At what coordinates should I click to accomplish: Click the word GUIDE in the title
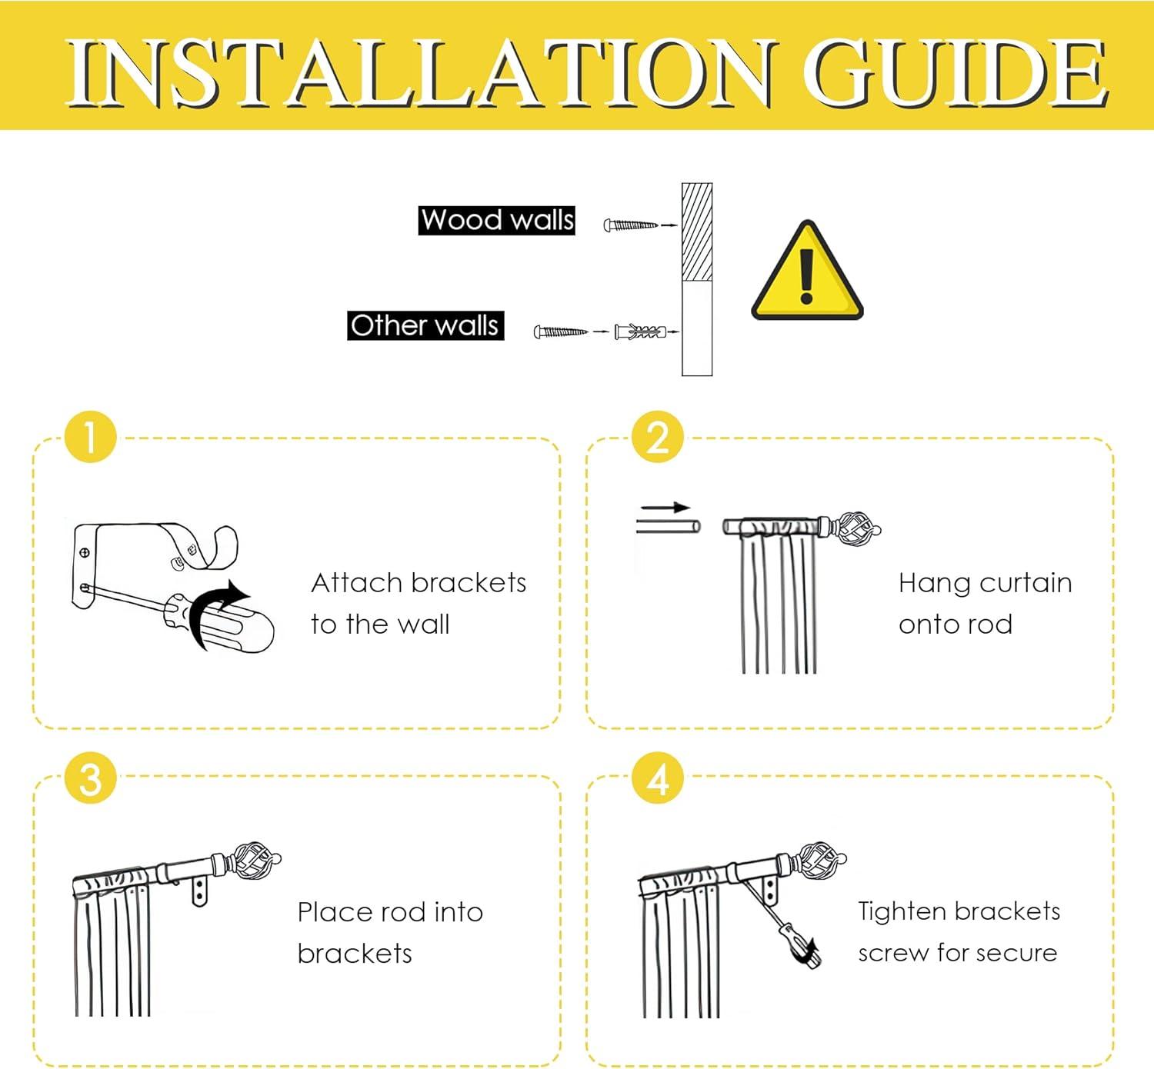(956, 73)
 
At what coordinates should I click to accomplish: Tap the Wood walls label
(497, 221)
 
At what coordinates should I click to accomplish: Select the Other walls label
(425, 326)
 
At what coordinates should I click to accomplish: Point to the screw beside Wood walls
(631, 225)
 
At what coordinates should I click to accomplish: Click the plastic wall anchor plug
(640, 332)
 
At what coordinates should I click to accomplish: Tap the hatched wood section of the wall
(697, 232)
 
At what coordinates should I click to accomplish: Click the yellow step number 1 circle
(91, 437)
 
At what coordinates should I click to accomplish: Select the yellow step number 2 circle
(658, 437)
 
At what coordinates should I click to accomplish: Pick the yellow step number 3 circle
(91, 778)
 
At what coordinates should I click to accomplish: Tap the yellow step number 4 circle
(658, 778)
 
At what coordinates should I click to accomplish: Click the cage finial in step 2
(856, 528)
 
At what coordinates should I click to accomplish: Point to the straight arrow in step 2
(665, 508)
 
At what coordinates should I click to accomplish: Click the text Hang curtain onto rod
(985, 604)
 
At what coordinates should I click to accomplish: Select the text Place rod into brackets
(390, 933)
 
